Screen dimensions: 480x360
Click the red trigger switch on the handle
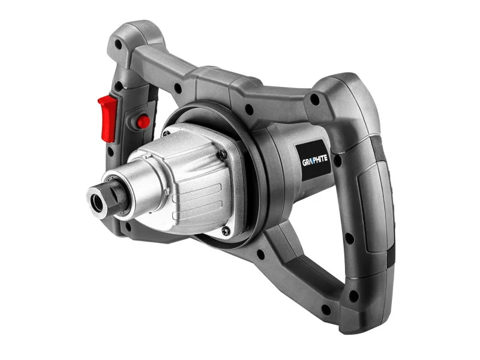pos(108,118)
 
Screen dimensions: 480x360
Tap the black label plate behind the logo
pos(313,160)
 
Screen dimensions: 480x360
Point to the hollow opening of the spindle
pos(98,203)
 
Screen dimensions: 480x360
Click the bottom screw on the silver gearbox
pos(226,231)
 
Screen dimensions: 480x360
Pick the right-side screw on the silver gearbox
pos(223,155)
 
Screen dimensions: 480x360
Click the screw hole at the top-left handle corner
pos(118,44)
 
